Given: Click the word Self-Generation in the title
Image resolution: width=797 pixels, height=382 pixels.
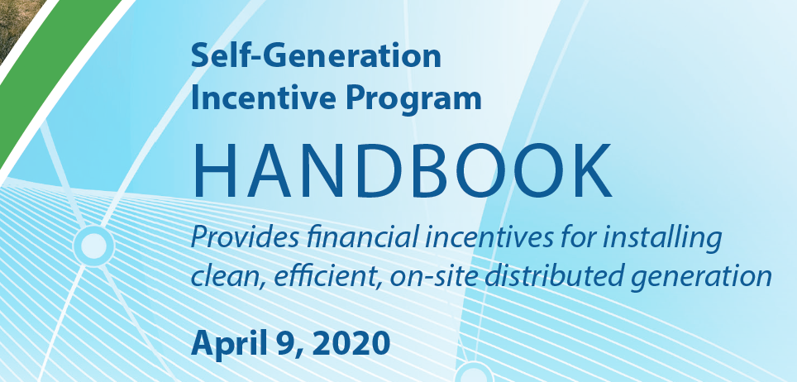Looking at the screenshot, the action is click(x=316, y=56).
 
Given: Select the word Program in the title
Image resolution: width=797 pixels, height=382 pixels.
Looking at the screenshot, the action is click(x=413, y=99).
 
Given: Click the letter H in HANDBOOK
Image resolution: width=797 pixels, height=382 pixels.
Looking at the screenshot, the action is click(x=213, y=170).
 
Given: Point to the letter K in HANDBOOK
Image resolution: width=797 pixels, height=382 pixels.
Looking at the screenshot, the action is click(x=590, y=170).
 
